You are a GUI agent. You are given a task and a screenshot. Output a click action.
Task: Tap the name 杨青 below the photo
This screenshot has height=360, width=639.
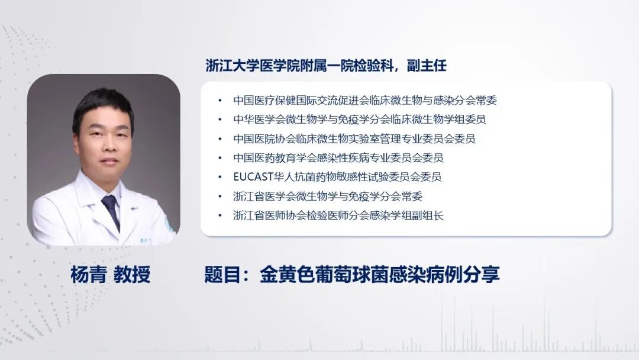point(86,275)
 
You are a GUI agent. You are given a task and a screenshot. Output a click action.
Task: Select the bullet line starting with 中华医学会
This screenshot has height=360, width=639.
point(360,120)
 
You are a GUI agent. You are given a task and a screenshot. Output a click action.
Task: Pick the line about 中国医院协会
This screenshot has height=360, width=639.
point(354,139)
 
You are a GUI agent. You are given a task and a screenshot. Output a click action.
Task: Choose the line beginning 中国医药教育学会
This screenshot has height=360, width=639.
point(338,158)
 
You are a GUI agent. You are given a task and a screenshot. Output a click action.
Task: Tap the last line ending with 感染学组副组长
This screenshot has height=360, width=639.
point(338,216)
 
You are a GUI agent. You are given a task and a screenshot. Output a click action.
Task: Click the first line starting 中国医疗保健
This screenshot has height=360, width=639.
point(365,101)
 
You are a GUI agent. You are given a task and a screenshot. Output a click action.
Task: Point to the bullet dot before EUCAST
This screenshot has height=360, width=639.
point(221,177)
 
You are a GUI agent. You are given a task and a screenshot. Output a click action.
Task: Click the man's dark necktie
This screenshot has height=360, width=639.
point(111,210)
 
